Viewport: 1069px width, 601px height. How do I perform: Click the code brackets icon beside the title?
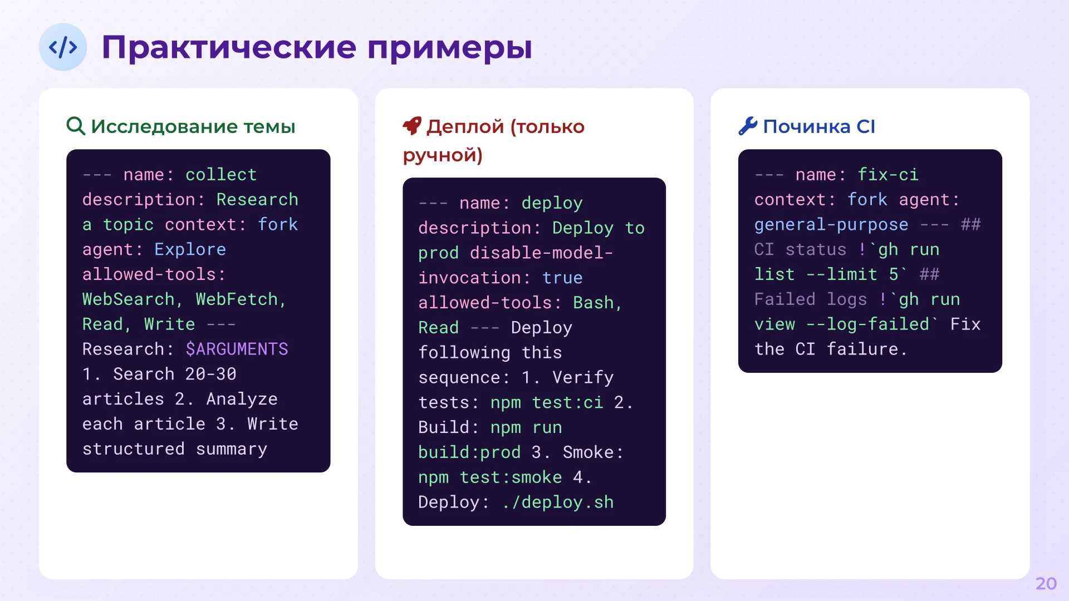[63, 47]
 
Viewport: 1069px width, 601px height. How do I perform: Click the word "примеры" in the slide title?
[449, 48]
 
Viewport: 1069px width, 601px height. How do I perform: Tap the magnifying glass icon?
[76, 126]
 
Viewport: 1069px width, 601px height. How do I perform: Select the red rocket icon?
[412, 126]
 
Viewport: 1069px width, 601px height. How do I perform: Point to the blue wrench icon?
[748, 126]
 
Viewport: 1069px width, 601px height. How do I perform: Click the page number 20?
[1046, 583]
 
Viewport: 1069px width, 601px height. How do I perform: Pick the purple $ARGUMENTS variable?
[237, 349]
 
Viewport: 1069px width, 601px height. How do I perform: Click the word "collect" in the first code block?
[221, 175]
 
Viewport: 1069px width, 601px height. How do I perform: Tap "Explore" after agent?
[190, 249]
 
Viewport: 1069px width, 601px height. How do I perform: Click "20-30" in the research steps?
[210, 374]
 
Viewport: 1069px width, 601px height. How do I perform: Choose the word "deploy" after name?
[552, 203]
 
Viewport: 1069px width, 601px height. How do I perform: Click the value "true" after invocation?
[562, 278]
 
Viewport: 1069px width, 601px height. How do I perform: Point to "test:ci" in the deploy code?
[567, 402]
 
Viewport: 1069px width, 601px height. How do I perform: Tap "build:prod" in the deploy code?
[469, 452]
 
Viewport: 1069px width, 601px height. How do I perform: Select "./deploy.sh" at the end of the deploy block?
[557, 502]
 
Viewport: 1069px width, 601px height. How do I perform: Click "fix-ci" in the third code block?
[887, 175]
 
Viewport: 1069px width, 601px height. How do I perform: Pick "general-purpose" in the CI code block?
[831, 225]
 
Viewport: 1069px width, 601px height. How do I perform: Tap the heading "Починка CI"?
[818, 126]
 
